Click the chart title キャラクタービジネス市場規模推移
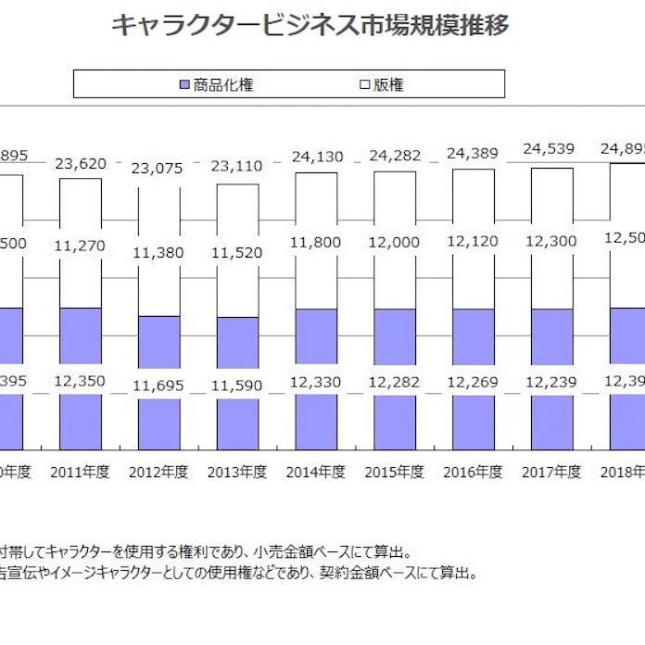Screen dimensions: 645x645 tap(310, 25)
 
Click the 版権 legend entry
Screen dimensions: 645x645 tap(382, 85)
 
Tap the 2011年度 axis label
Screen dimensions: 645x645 tap(81, 472)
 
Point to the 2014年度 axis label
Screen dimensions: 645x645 tap(317, 472)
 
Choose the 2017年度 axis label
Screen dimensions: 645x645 tap(552, 472)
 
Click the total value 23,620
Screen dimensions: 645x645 tap(81, 164)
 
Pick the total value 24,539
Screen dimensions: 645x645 tap(552, 147)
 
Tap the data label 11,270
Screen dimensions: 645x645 tap(81, 246)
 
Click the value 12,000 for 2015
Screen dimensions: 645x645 tap(396, 243)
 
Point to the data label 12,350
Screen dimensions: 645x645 tap(81, 381)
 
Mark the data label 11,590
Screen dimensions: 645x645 tap(238, 383)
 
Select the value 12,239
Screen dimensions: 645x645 tap(552, 382)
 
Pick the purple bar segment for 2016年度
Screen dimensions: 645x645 tap(474, 337)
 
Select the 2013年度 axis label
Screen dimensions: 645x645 tap(238, 472)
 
